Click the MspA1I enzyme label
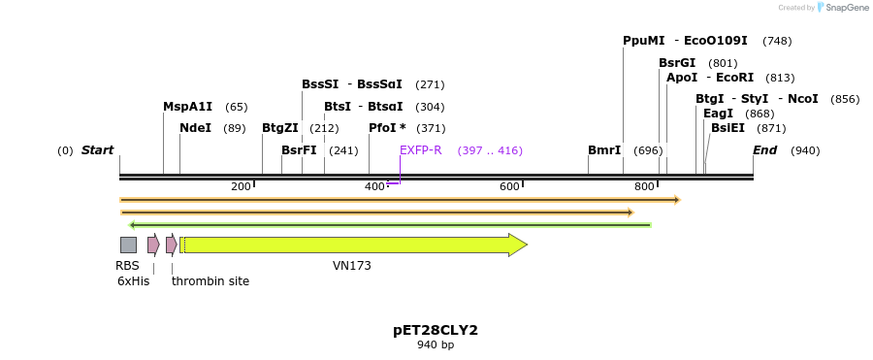click(187, 107)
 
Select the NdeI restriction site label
click(195, 128)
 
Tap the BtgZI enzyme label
click(280, 128)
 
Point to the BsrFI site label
click(299, 150)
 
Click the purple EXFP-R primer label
click(421, 150)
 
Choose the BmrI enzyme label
click(604, 150)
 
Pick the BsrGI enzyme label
click(677, 63)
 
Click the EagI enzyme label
click(718, 114)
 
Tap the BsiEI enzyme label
click(727, 128)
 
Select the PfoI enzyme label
click(387, 128)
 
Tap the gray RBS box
click(128, 245)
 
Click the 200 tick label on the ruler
click(241, 186)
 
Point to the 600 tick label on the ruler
click(509, 186)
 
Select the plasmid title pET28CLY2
click(436, 330)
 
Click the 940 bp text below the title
click(436, 345)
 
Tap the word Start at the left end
click(97, 150)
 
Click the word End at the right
click(764, 150)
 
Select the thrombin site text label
click(210, 281)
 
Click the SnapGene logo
click(843, 8)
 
